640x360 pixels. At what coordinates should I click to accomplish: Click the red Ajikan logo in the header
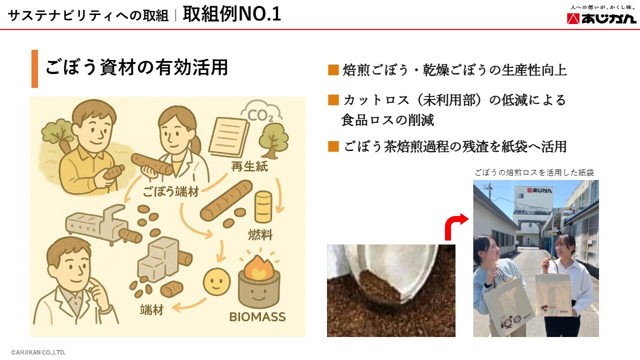click(x=601, y=18)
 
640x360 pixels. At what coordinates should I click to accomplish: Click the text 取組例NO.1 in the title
click(x=231, y=14)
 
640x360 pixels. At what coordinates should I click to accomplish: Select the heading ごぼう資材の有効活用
click(x=136, y=67)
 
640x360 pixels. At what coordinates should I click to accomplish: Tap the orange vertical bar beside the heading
click(x=34, y=68)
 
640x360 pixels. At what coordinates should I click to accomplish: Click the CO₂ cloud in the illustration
click(x=261, y=111)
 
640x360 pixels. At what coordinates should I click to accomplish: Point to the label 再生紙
click(x=249, y=166)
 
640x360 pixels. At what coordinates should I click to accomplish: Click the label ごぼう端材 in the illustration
click(x=170, y=191)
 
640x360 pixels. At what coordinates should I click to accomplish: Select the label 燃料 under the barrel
click(x=260, y=235)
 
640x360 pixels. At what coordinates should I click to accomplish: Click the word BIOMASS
click(x=257, y=317)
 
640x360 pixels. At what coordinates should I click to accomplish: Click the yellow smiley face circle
click(x=216, y=281)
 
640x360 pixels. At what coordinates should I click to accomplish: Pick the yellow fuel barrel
click(x=263, y=207)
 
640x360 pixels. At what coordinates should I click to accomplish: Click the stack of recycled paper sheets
click(x=229, y=137)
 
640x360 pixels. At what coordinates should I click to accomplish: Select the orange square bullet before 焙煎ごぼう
click(x=333, y=70)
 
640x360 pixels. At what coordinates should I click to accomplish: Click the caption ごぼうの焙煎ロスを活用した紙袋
click(x=534, y=172)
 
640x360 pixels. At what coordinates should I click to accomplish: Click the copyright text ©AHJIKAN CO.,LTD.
click(x=38, y=352)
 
